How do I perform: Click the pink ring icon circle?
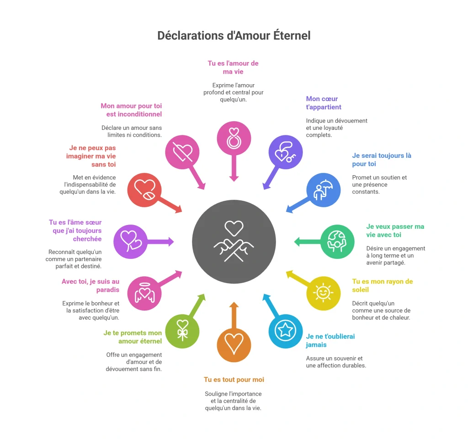[x=234, y=138]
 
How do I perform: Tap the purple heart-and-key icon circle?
[x=286, y=152]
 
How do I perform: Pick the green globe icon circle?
[x=337, y=241]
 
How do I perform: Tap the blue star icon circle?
[x=286, y=331]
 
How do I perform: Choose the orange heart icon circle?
[x=234, y=345]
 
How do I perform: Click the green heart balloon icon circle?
[x=182, y=331]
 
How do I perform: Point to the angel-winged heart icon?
[x=145, y=293]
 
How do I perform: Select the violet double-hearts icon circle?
[x=130, y=241]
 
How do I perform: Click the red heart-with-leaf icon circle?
[x=144, y=190]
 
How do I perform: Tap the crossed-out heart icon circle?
[x=182, y=152]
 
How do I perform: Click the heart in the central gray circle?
[x=234, y=228]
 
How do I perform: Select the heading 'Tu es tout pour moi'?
[x=234, y=380]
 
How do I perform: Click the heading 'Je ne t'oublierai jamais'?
[x=330, y=341]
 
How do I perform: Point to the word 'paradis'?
[x=108, y=290]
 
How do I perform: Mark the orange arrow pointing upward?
[x=234, y=315]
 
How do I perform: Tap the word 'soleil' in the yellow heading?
[x=360, y=290]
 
